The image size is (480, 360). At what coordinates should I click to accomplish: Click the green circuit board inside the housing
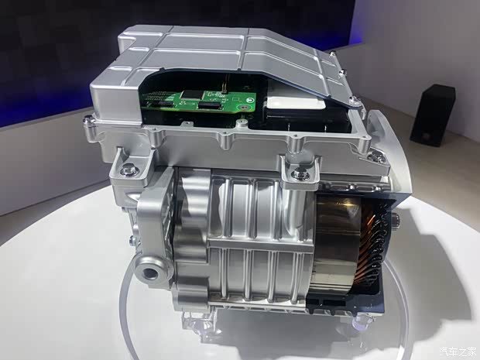[199, 101]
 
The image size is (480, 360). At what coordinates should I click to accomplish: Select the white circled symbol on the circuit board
[250, 100]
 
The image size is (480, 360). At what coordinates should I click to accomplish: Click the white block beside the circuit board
[296, 103]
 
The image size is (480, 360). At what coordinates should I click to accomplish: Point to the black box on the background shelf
[432, 115]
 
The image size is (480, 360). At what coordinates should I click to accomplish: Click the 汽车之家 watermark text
[458, 351]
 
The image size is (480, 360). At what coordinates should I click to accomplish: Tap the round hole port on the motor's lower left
[151, 273]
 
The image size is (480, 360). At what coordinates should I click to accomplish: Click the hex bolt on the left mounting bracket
[128, 170]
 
